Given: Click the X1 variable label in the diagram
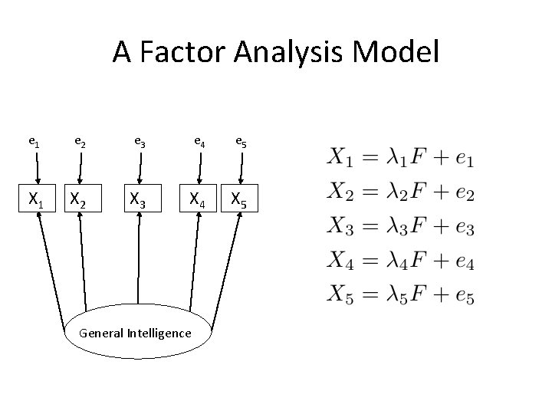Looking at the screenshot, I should click(35, 200).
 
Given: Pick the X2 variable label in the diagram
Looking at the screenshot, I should click(78, 200).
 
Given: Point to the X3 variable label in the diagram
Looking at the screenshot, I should click(139, 200).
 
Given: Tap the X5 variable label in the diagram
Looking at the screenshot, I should click(241, 200).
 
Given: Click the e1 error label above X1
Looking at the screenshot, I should click(34, 141).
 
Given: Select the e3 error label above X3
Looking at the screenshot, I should click(140, 141).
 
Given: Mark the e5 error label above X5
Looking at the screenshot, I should click(241, 141).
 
